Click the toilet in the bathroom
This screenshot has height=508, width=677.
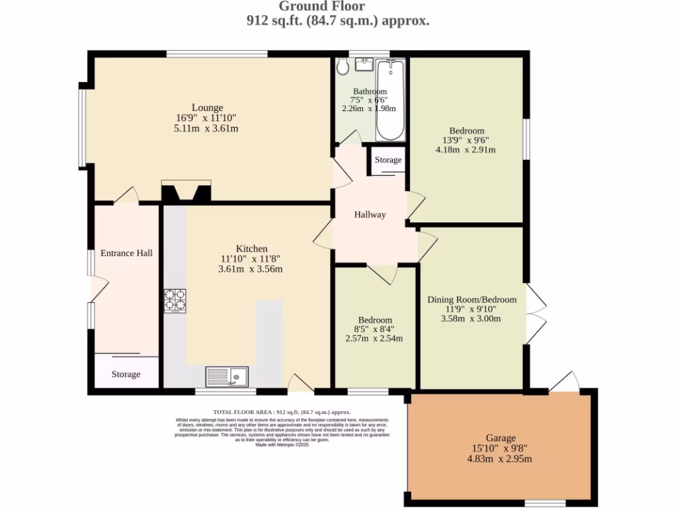342,65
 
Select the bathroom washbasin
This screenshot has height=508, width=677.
364,64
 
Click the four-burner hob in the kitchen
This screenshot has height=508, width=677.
175,300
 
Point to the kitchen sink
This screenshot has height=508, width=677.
226,376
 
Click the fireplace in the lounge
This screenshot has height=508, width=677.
186,191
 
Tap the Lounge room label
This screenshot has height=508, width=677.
207,107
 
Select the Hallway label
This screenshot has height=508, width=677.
370,214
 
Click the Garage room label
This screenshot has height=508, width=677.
500,437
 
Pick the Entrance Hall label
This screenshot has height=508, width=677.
126,253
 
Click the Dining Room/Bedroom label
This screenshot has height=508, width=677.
471,299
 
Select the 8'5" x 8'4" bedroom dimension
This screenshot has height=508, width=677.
374,329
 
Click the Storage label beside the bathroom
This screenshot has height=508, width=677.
388,160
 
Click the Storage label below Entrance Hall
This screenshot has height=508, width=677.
126,374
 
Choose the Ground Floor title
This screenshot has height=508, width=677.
321,7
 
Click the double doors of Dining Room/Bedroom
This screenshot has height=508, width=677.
536,314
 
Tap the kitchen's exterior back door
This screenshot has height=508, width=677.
301,383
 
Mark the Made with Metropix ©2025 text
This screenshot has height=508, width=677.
282,445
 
